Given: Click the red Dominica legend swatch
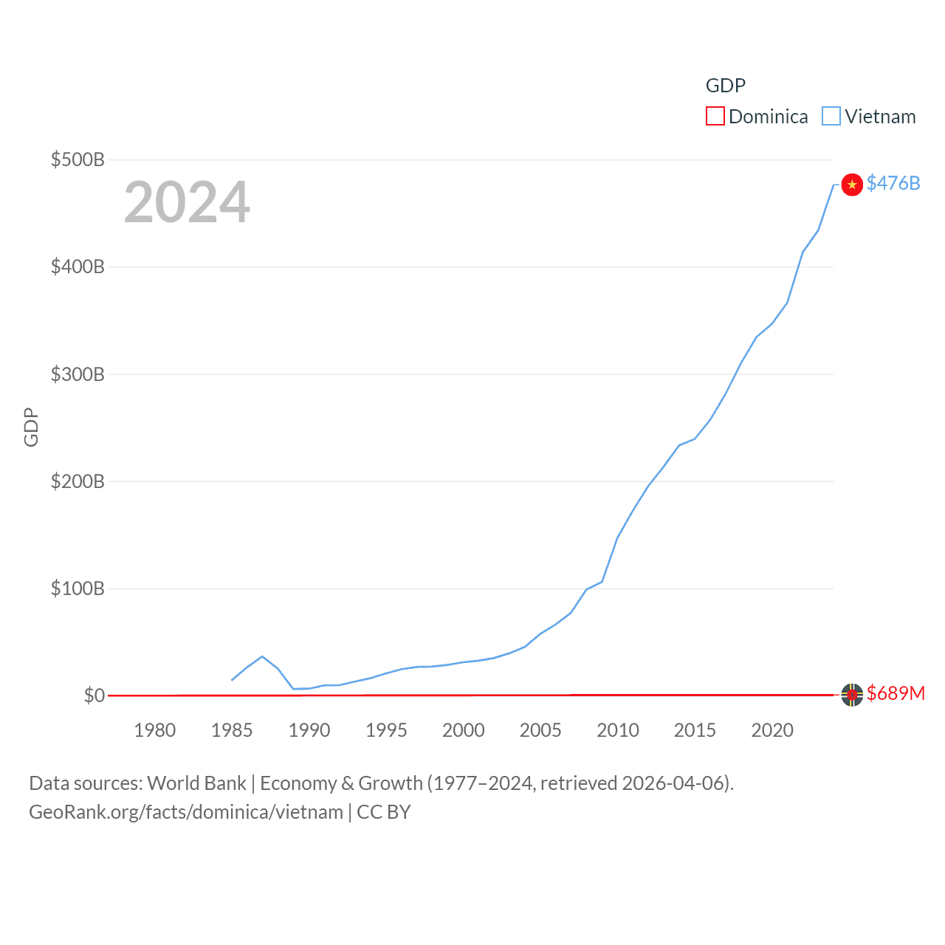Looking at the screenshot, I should pos(715,117).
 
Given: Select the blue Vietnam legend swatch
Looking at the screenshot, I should pos(831,117).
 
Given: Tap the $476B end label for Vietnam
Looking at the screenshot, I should pos(893,183).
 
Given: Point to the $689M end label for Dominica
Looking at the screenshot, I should pos(896,693).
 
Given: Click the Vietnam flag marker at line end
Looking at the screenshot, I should pos(852,184).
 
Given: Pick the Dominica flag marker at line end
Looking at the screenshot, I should pos(852,695).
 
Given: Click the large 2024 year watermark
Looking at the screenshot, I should pos(187,202).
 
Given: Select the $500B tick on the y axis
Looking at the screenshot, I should pos(78,159).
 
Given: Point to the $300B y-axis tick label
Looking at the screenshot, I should pos(78,374).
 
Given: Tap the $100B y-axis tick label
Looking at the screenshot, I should pos(78,588).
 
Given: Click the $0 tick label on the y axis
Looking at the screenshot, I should pos(94,695).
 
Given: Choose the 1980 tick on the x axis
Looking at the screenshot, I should pos(155,730).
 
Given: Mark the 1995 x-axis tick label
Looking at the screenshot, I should pos(386,730).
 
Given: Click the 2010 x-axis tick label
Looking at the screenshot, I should pos(618,730).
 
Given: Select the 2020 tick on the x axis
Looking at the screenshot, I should pos(772,730).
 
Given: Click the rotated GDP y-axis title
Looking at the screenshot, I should pos(31,427).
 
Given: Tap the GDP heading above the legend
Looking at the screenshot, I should pos(726,86).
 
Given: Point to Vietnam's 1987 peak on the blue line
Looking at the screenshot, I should pos(262,656).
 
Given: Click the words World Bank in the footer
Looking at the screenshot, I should pos(197,783).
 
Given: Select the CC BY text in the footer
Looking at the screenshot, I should pos(383,812).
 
